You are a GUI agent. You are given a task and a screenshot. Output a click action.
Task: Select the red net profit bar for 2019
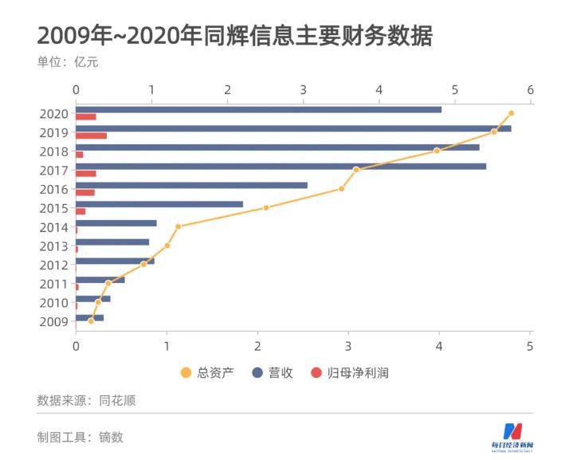91,136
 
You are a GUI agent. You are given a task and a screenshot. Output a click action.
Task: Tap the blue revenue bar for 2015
159,204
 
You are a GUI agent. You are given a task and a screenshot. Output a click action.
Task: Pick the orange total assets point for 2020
511,113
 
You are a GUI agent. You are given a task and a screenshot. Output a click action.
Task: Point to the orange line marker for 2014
179,226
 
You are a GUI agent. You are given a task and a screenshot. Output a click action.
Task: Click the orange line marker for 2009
91,321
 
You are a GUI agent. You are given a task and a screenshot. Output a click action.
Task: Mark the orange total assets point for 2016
342,189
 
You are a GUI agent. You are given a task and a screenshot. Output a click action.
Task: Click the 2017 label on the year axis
53,170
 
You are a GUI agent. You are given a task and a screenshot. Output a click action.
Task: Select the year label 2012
53,265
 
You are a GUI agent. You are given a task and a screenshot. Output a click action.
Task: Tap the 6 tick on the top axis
530,88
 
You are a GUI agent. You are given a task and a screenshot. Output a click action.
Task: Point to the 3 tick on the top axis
303,88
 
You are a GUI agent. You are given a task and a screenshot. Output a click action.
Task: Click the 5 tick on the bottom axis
530,345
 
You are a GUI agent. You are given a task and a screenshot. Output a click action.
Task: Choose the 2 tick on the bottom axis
257,345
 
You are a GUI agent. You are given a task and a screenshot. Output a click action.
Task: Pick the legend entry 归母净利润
350,372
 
